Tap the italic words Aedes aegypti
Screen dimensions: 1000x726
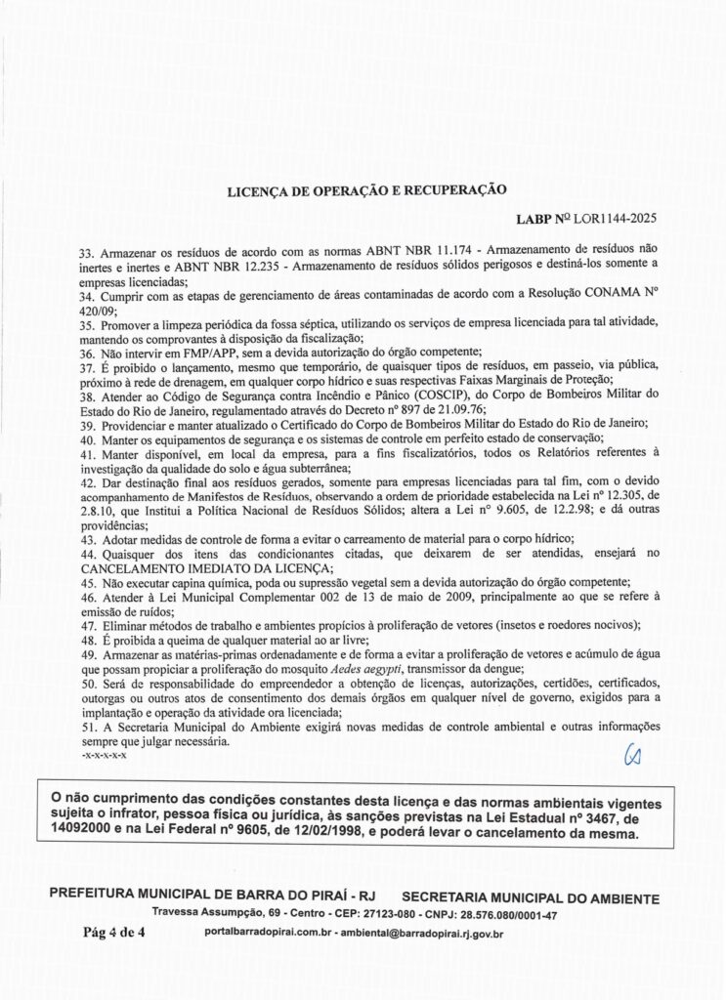click(x=361, y=667)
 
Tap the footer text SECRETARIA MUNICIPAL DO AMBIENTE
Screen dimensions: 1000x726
click(x=530, y=896)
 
